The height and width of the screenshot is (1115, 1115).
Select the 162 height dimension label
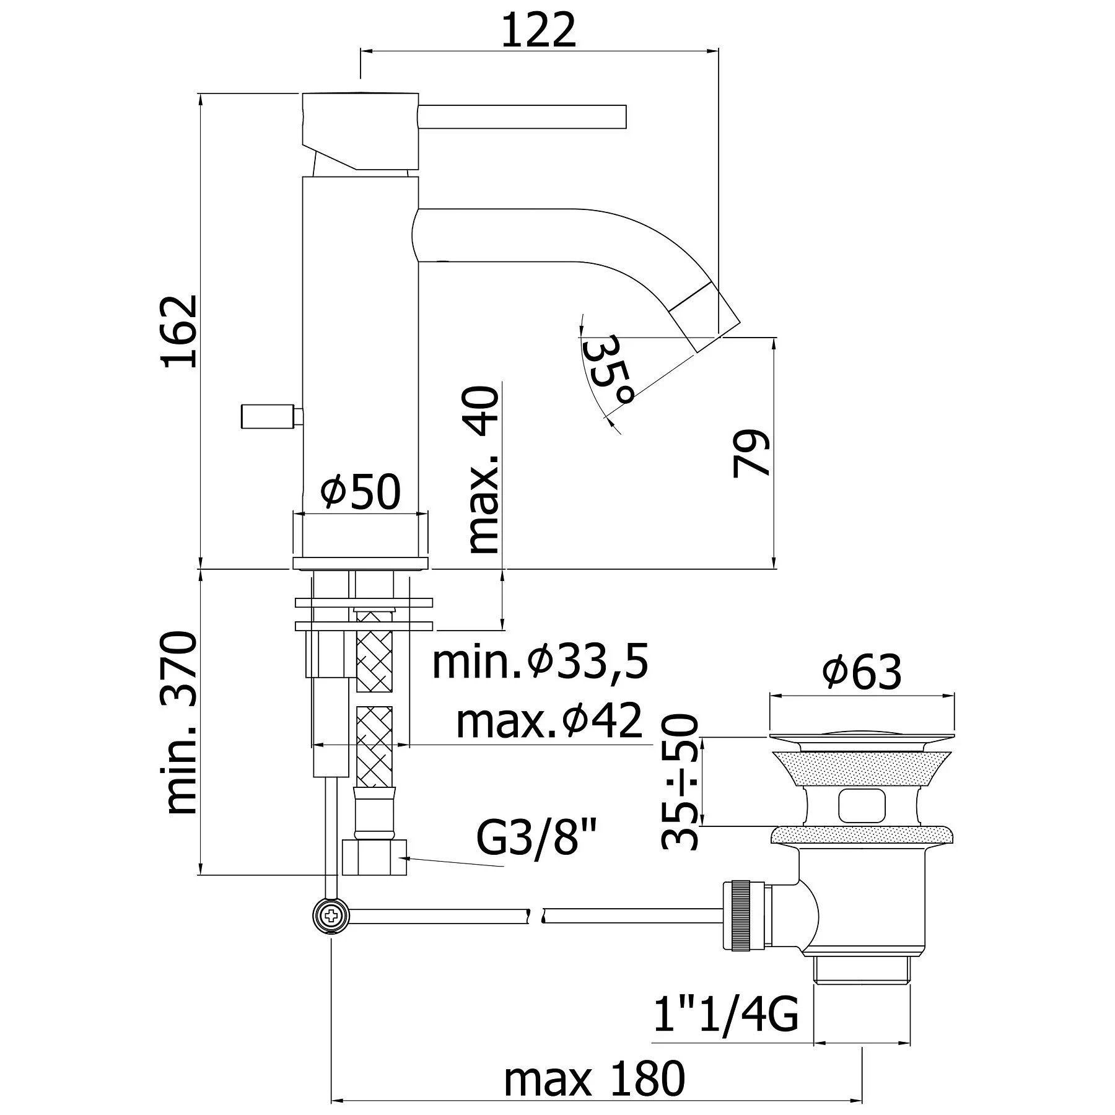point(180,331)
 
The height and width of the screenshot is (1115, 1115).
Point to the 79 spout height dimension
point(751,453)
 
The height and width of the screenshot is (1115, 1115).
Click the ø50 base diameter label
point(361,492)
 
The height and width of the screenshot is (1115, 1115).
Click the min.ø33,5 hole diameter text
point(540,662)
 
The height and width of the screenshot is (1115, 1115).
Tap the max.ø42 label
point(549,721)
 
